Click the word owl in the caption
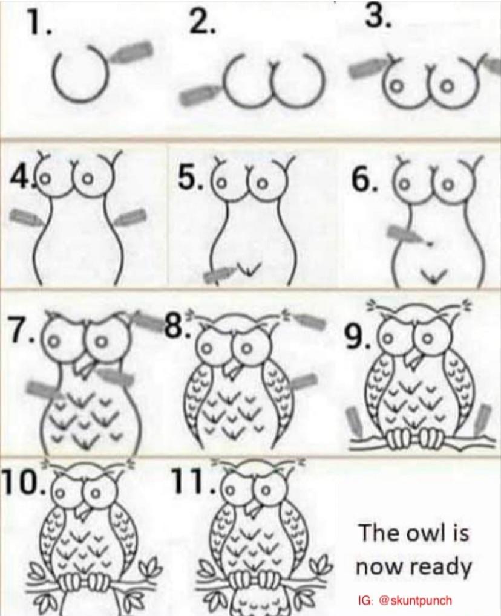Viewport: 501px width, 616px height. (424, 533)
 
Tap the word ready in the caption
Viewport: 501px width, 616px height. (438, 567)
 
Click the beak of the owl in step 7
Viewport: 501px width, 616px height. (86, 365)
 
